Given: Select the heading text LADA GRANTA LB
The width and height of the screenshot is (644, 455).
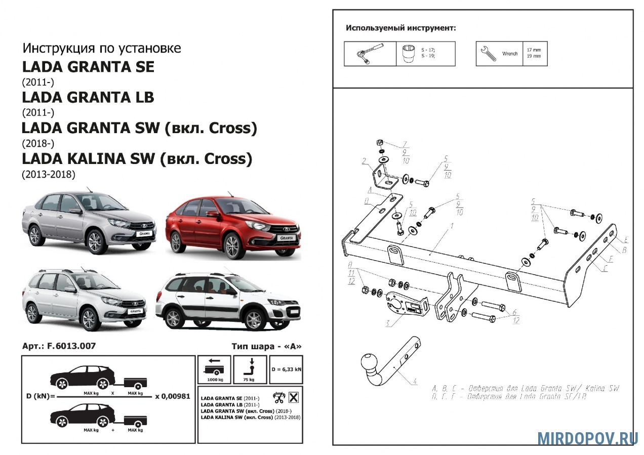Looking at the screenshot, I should (x=88, y=97).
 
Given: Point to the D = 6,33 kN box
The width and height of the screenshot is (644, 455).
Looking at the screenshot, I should (x=286, y=369).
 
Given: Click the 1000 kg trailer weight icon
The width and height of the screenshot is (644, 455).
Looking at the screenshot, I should (x=214, y=369).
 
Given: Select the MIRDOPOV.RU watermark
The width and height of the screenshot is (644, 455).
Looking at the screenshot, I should (x=587, y=438).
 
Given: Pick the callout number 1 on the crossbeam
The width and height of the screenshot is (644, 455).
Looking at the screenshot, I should (x=450, y=230).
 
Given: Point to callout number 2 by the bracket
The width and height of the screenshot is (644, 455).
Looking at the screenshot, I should (x=364, y=162).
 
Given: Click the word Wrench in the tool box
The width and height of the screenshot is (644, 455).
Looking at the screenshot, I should (x=509, y=54).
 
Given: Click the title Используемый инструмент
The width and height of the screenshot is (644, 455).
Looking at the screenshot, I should (x=400, y=28).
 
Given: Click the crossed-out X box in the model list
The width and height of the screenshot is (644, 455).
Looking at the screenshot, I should (x=293, y=397).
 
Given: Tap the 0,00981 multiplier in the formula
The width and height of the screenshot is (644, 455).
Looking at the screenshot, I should (x=173, y=396).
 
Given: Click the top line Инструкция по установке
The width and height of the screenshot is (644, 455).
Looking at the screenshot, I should (x=101, y=49).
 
